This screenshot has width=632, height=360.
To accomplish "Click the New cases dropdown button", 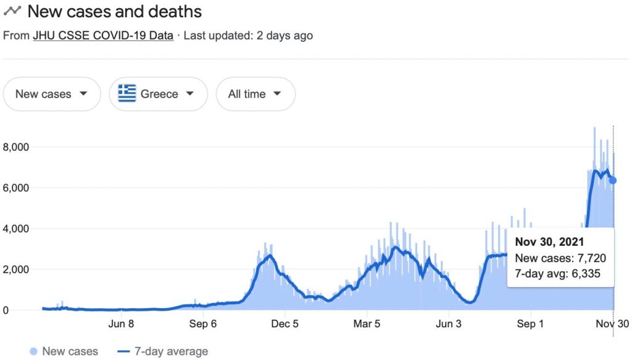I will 51,94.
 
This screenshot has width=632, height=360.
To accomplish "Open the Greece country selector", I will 157,94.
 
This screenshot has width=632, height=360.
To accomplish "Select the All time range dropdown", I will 255,94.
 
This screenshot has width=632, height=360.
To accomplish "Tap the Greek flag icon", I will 127,94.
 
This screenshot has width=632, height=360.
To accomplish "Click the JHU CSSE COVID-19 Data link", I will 102,36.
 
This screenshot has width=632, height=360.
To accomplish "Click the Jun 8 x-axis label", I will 121,324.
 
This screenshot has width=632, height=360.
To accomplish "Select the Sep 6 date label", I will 202,324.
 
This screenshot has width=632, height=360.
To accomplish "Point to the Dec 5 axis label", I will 285,324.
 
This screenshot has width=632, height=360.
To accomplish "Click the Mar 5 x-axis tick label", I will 367,324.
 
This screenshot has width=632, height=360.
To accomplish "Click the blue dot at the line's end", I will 613,180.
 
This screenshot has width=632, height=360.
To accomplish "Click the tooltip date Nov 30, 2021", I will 549,241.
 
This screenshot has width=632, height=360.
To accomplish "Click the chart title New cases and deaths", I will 114,11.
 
